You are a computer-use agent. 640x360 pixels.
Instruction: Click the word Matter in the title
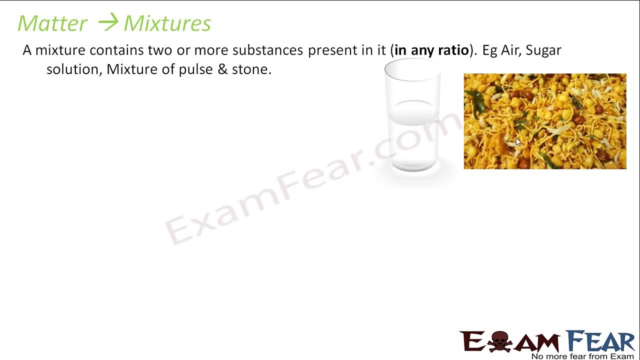tap(52, 23)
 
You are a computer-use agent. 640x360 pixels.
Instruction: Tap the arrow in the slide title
tap(107, 22)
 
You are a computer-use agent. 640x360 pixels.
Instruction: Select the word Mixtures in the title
tap(167, 23)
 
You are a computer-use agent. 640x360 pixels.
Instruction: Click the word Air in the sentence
tap(511, 50)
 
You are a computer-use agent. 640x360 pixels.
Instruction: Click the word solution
tap(74, 69)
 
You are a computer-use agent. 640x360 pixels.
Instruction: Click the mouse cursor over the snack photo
tap(518, 142)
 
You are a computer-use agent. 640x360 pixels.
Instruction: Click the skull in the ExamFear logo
tap(499, 341)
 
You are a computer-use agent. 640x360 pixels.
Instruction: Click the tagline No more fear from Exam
tap(582, 356)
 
